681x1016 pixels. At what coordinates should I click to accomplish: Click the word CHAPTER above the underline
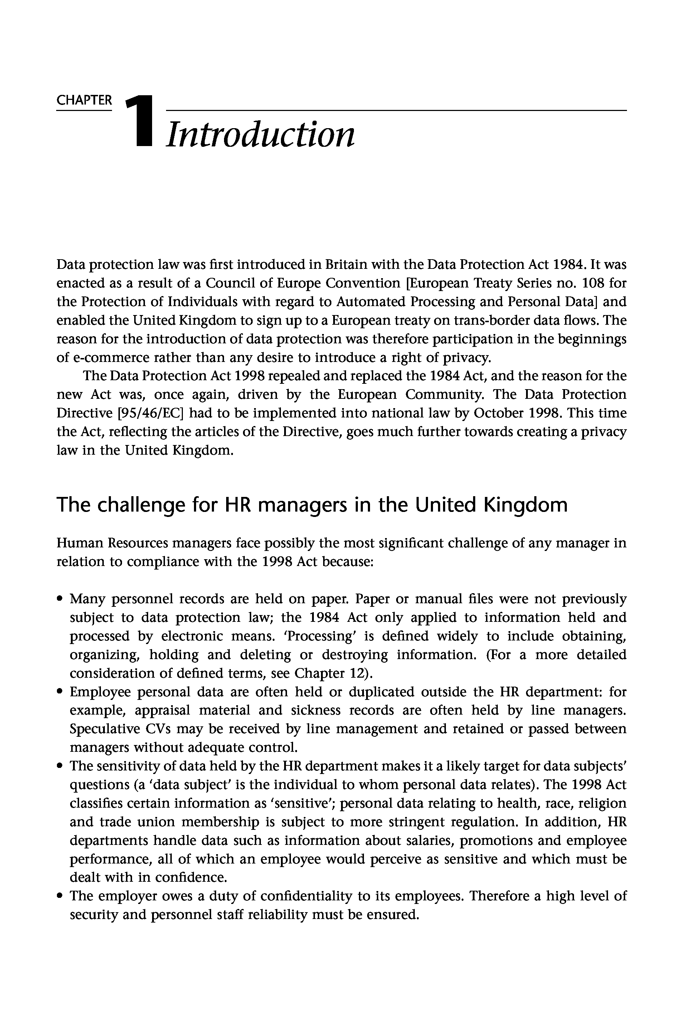(x=84, y=100)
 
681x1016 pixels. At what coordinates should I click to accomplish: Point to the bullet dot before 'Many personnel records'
(x=59, y=600)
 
